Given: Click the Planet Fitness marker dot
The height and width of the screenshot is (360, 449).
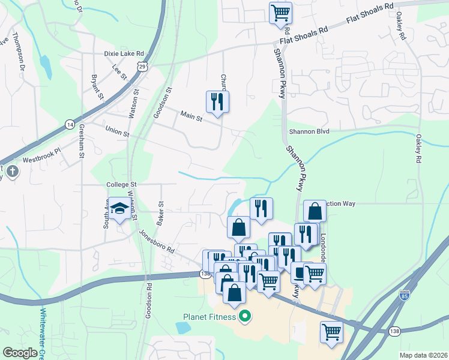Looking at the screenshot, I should tap(244, 316).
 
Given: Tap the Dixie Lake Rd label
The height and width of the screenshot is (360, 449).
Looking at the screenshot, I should tap(124, 53).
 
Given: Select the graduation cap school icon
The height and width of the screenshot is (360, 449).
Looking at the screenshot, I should tap(119, 208).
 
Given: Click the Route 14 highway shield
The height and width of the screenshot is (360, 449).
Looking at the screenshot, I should tap(70, 124).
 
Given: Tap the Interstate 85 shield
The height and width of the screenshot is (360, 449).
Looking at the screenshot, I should tap(403, 295).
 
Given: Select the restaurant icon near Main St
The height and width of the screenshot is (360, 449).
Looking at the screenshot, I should tap(217, 101).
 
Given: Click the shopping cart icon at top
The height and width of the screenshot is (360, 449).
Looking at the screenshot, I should tap(280, 12).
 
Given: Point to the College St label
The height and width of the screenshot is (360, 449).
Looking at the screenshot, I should tap(122, 185).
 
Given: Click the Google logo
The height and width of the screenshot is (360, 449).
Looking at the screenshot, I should tap(20, 353).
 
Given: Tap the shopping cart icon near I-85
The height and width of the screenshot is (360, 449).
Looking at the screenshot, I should tap(331, 331).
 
